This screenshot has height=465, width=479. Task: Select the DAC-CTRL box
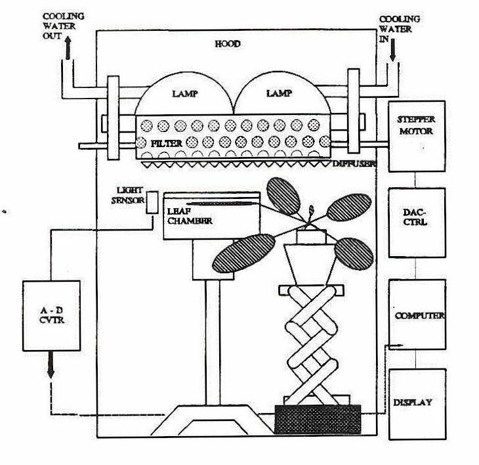(417, 222)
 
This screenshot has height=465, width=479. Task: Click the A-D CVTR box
(51, 314)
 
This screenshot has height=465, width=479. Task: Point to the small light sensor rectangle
(152, 202)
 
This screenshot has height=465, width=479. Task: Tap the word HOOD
(228, 44)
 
